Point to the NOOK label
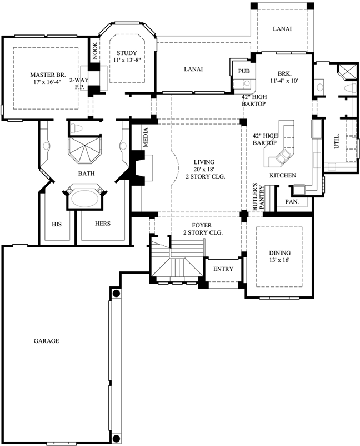[x=95, y=51]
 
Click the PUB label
[x=243, y=71]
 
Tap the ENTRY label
[x=223, y=269]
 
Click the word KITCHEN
[x=282, y=175]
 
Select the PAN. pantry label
[x=292, y=202]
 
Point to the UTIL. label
[x=336, y=143]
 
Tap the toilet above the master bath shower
[x=79, y=128]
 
